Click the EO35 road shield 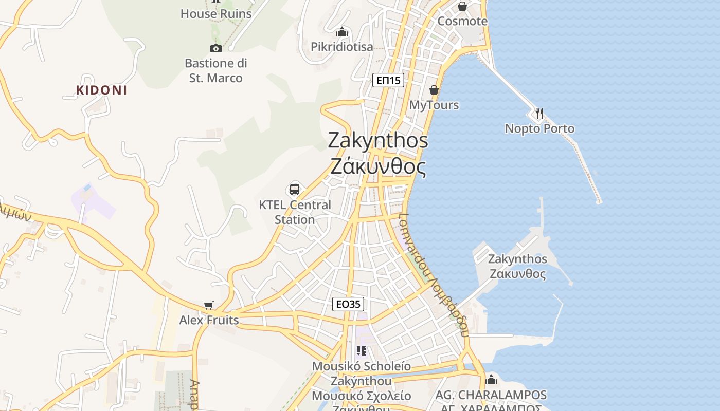click(348, 304)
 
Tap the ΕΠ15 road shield click(388, 80)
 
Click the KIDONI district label click(101, 90)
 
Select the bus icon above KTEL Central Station click(295, 189)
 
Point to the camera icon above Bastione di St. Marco click(216, 48)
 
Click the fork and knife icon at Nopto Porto click(539, 113)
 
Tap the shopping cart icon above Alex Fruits click(208, 306)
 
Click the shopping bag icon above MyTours click(434, 90)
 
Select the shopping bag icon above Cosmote click(462, 6)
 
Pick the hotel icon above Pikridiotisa click(341, 32)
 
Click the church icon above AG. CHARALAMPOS click(491, 380)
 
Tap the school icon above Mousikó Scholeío click(362, 351)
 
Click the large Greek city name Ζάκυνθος click(378, 167)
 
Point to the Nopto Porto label click(539, 128)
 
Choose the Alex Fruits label click(209, 320)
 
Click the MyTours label click(434, 105)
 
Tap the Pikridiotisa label click(341, 47)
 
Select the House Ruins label click(216, 14)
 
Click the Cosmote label click(462, 21)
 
